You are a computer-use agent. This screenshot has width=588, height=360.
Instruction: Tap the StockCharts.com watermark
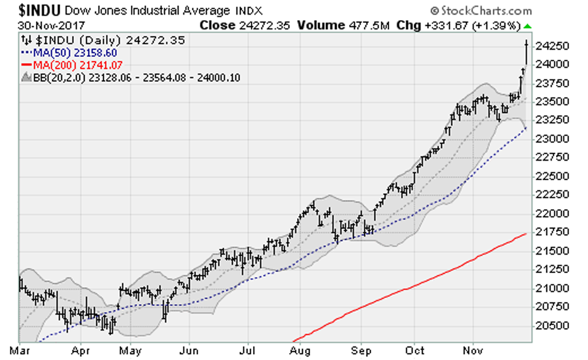(480, 11)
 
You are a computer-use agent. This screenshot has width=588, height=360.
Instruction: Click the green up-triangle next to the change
(528, 26)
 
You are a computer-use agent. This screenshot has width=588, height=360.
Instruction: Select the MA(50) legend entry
(70, 53)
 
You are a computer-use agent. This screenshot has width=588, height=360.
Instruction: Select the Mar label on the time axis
(20, 351)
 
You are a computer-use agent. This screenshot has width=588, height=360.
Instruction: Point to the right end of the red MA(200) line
(526, 233)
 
